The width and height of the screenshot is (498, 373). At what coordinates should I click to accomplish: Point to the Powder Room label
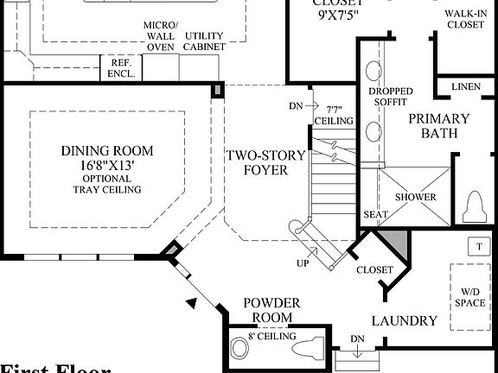point(271,310)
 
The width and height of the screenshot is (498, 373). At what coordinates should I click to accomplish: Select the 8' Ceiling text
point(272,336)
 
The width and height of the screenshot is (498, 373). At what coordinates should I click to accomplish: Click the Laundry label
point(404,321)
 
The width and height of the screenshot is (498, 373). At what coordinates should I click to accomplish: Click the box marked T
point(477,245)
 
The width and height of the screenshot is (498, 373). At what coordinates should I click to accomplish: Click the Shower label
point(416,197)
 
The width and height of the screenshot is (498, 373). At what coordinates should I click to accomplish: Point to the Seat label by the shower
point(374,215)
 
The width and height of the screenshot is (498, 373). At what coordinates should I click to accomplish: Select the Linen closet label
point(467,88)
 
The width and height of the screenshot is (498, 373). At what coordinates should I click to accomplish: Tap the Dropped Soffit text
point(390,98)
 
